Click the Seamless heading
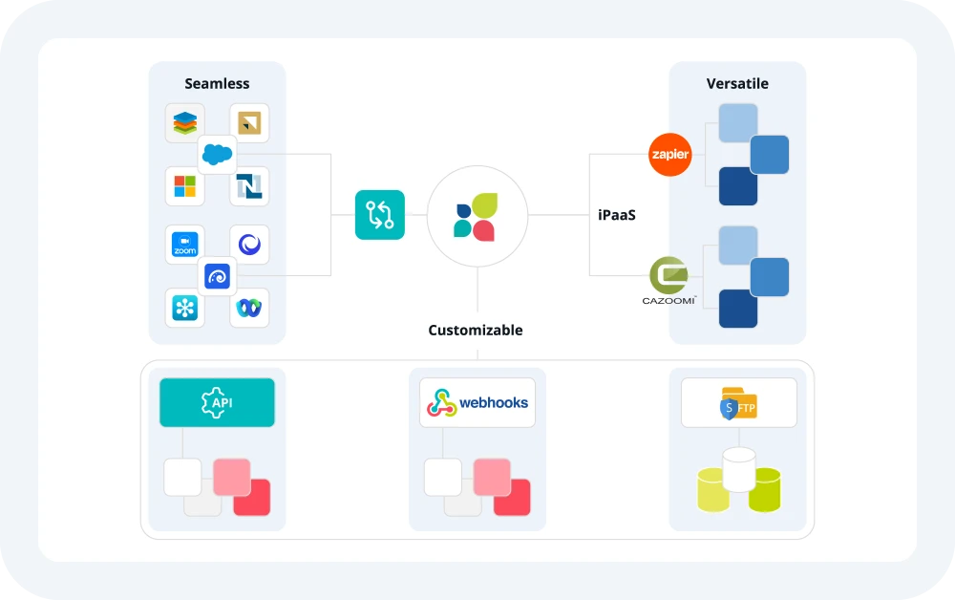click(217, 84)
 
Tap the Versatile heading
click(737, 84)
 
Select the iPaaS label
click(617, 216)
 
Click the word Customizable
click(476, 331)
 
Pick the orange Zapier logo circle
click(669, 155)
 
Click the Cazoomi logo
click(668, 280)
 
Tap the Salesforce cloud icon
click(218, 154)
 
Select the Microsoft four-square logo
click(185, 185)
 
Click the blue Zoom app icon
click(185, 246)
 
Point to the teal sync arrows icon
click(380, 215)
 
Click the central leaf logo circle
click(477, 216)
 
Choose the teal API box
click(217, 402)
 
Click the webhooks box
click(477, 402)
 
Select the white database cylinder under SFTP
click(738, 469)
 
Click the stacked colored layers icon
click(185, 123)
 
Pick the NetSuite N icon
click(249, 185)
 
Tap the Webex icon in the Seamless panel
click(249, 308)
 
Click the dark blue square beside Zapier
click(737, 186)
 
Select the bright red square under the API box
click(251, 497)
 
